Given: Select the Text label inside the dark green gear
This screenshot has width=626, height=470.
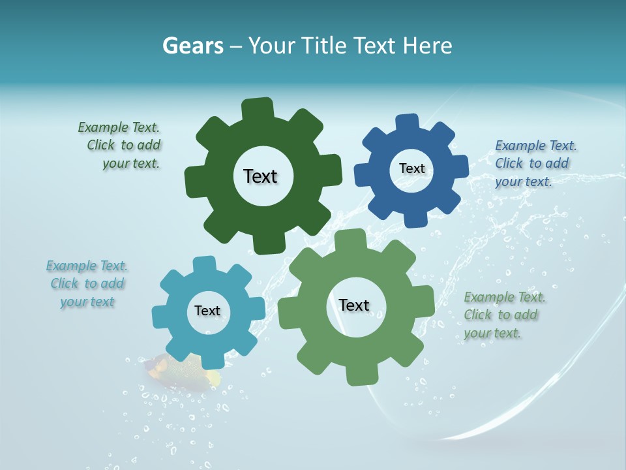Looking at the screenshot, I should click(x=260, y=176).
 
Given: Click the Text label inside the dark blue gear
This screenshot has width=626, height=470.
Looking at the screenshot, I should click(x=411, y=168).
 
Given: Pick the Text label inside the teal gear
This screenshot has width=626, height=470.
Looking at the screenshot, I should click(x=207, y=311).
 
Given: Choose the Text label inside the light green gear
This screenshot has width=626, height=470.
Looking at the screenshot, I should click(x=354, y=305).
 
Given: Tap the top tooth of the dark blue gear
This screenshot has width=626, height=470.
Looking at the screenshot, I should click(x=408, y=123).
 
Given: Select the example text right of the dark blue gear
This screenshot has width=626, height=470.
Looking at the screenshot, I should click(x=535, y=163).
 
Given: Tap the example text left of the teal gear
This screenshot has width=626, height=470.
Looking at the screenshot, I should click(x=87, y=283).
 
